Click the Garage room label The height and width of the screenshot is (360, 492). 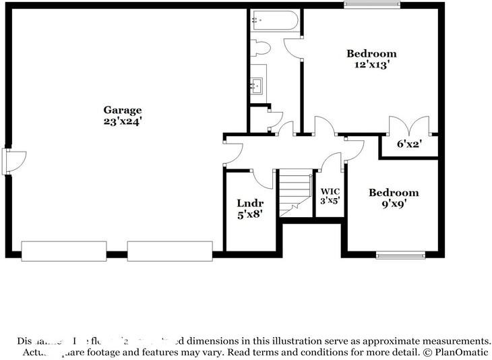[122, 110]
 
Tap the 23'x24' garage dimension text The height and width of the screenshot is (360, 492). [122, 122]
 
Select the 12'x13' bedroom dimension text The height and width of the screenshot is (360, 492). [371, 65]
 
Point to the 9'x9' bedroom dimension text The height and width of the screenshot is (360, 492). [393, 204]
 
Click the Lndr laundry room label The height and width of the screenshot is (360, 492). [249, 203]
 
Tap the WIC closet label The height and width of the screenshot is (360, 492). [330, 191]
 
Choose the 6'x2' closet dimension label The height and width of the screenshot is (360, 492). [408, 144]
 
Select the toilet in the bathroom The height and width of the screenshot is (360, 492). [260, 48]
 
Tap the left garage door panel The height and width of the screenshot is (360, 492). [63, 251]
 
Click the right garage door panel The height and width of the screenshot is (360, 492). [170, 251]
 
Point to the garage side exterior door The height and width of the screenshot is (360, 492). [13, 161]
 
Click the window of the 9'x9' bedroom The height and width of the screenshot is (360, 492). [400, 254]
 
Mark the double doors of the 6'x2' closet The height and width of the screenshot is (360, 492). [409, 126]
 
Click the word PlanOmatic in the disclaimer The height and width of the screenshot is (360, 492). [463, 352]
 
